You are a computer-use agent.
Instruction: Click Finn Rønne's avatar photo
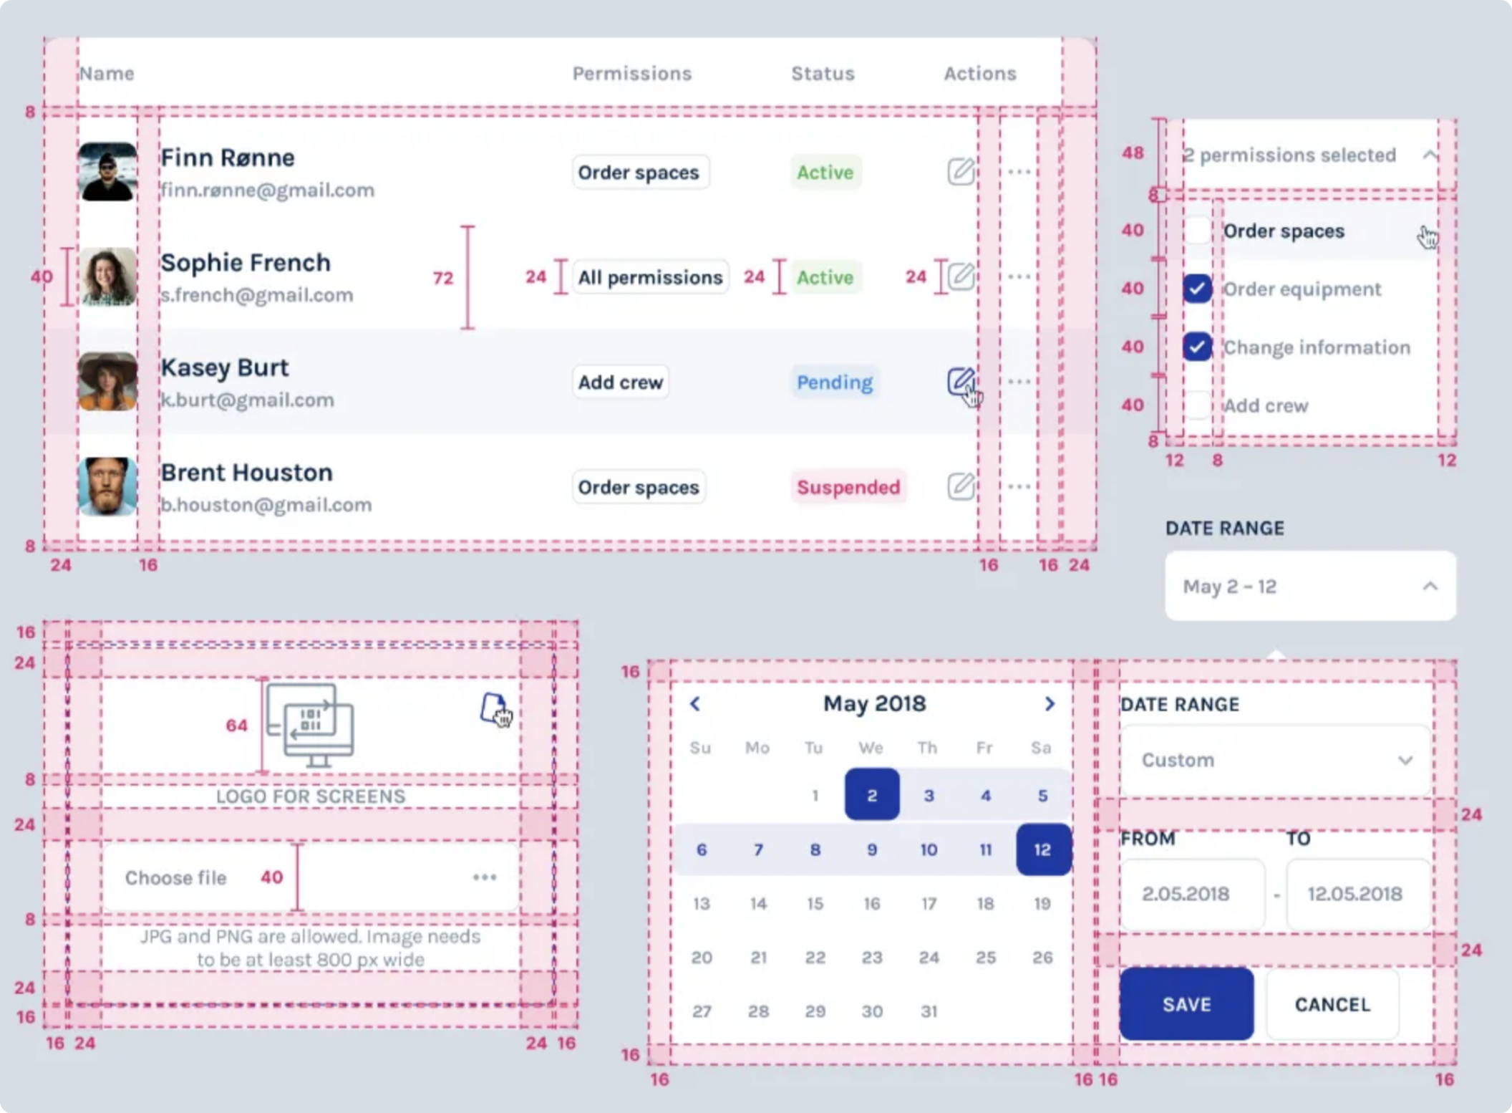point(107,172)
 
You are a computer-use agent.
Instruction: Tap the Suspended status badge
point(848,487)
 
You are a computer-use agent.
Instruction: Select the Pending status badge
point(835,382)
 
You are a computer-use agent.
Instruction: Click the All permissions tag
point(650,277)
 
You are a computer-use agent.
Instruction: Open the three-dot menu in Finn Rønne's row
point(1019,172)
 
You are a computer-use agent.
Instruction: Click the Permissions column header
point(631,74)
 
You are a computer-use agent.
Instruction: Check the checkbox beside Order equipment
point(1197,289)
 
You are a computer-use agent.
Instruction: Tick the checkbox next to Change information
point(1197,347)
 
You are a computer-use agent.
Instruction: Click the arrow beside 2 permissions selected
point(1430,155)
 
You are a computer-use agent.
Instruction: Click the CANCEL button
point(1332,1004)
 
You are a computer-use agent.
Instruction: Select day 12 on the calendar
point(1042,849)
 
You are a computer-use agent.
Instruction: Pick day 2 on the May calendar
point(872,795)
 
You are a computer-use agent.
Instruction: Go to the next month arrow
point(1050,704)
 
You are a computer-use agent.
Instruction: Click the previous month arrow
point(695,704)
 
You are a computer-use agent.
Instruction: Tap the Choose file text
point(176,878)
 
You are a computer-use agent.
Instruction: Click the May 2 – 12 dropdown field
point(1310,587)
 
